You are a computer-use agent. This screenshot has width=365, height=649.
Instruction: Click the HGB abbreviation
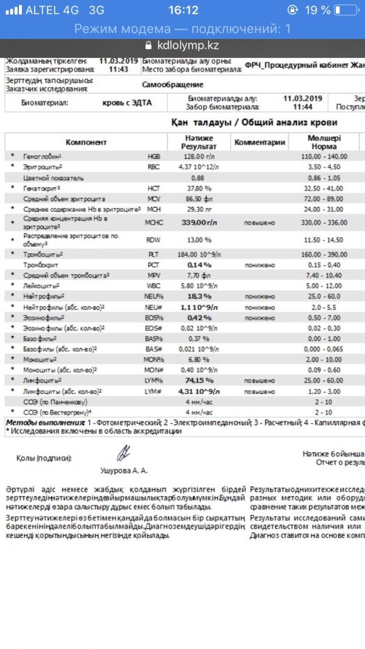point(154,156)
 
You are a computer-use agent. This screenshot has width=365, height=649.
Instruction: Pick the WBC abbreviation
point(154,286)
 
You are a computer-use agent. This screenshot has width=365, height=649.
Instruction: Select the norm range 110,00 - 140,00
point(332,156)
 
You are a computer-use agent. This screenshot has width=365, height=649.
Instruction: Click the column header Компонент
point(86,142)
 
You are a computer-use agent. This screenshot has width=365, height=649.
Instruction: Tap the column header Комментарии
point(260,142)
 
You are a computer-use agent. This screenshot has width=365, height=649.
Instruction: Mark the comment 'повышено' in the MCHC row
point(260,223)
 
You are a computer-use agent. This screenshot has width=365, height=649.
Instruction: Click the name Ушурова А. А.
point(123,471)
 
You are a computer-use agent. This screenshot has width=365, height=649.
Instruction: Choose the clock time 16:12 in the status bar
point(183,10)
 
